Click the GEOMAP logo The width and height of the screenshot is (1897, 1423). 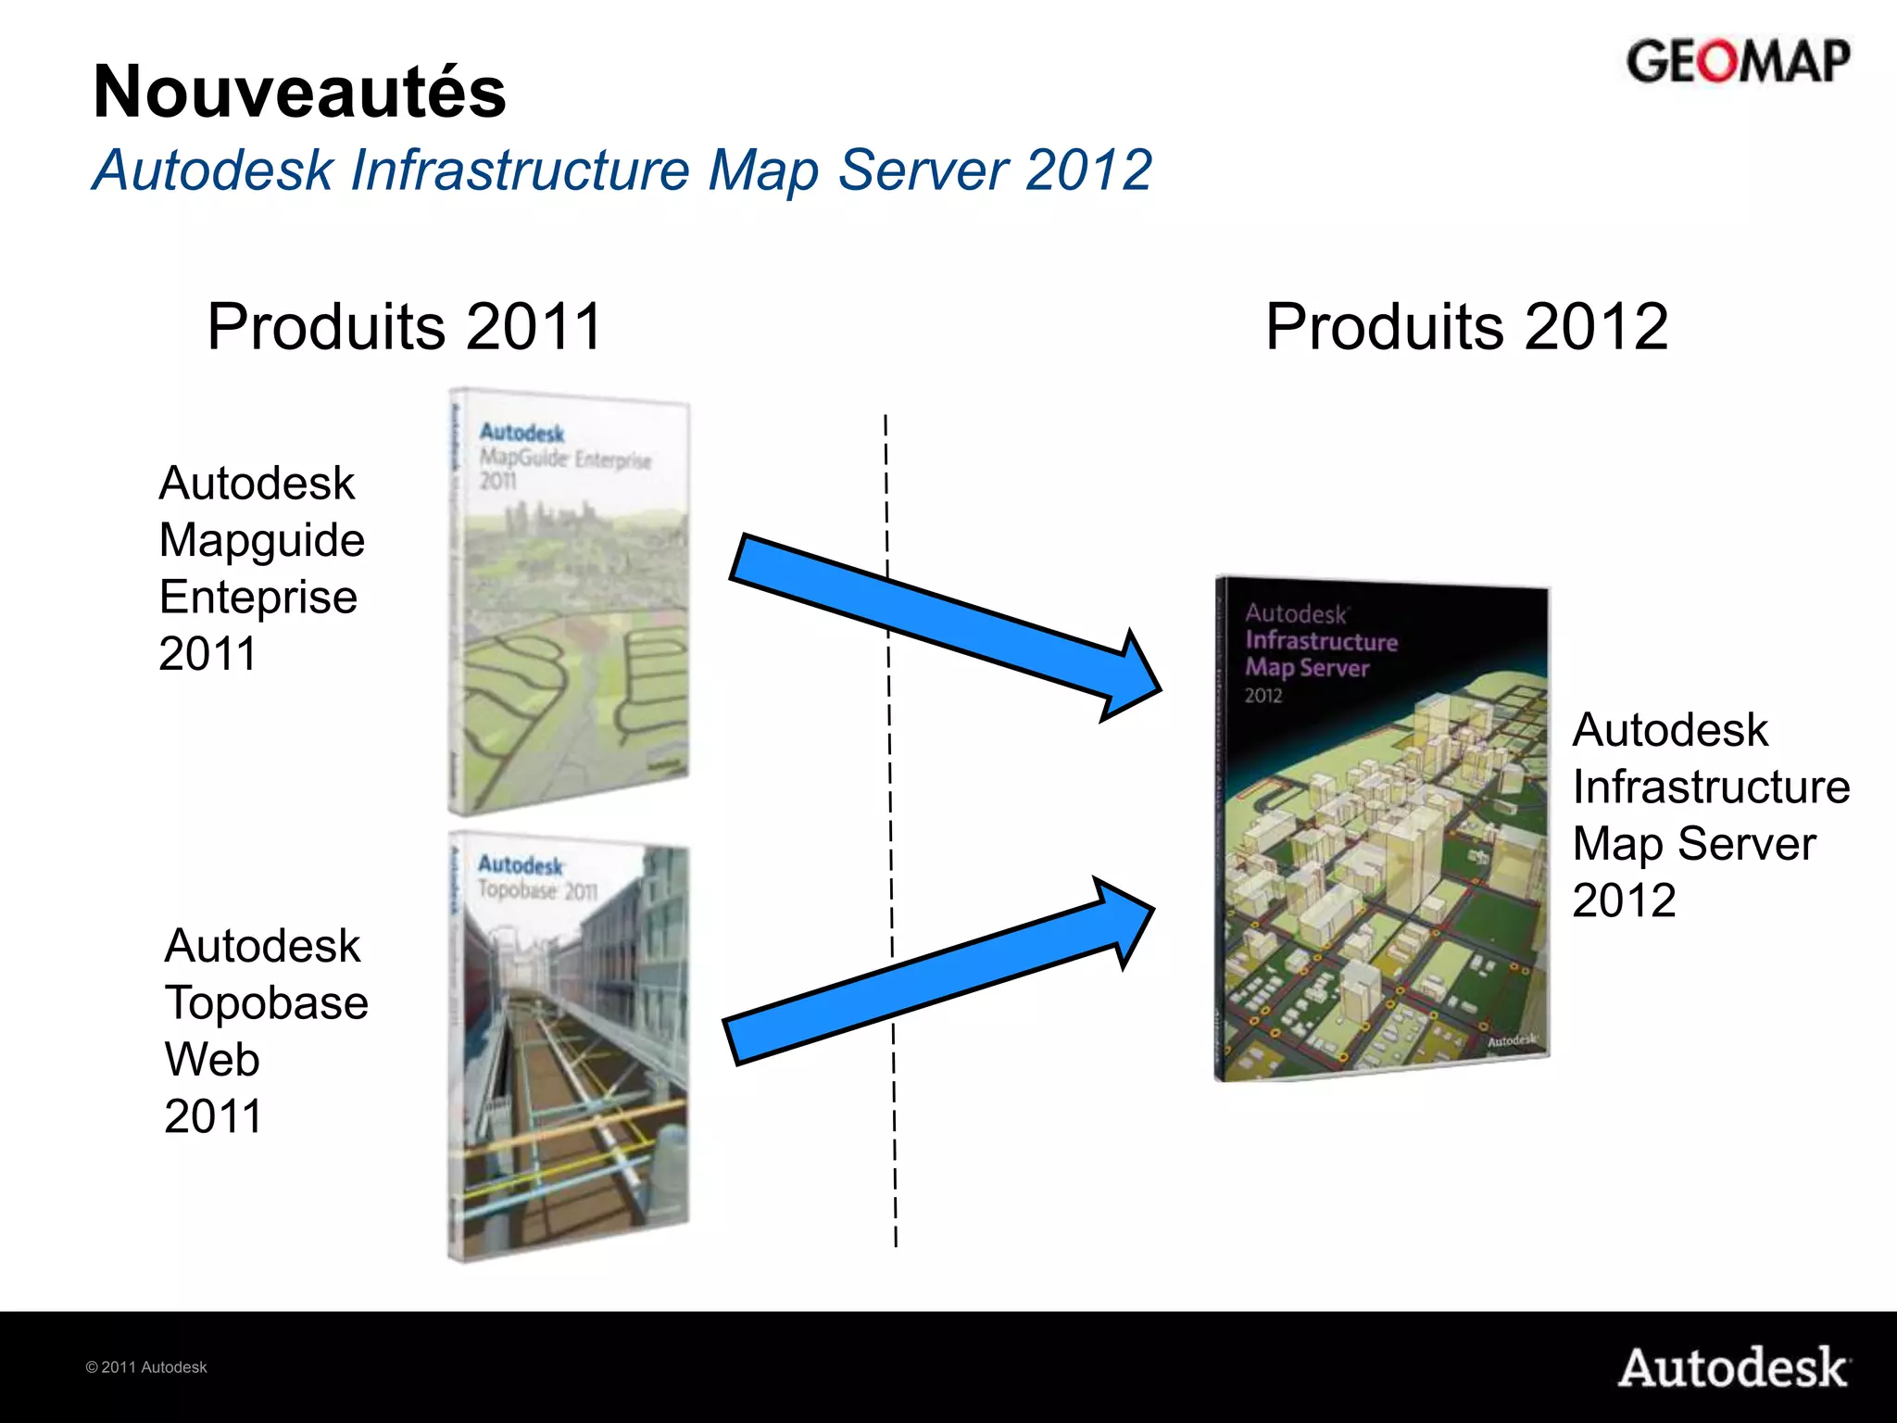pyautogui.click(x=1738, y=62)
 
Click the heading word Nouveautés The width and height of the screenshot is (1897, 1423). pyautogui.click(x=300, y=93)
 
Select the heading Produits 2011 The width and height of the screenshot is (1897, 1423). pyautogui.click(x=405, y=327)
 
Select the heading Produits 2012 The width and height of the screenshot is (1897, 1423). pyautogui.click(x=1466, y=327)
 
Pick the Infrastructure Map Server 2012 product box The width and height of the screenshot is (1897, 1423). pyautogui.click(x=1381, y=829)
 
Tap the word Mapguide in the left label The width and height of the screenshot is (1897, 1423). pyautogui.click(x=262, y=541)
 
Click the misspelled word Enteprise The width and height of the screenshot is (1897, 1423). pyautogui.click(x=258, y=598)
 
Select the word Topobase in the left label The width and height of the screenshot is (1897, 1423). pyautogui.click(x=267, y=1003)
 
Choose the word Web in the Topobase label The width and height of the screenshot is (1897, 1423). pyautogui.click(x=212, y=1060)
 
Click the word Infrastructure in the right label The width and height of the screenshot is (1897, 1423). pyautogui.click(x=1711, y=787)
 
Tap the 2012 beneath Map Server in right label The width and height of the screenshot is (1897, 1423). pyautogui.click(x=1624, y=900)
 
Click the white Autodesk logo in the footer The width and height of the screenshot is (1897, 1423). pyautogui.click(x=1734, y=1368)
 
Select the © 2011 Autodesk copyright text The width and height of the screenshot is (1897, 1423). pyautogui.click(x=146, y=1367)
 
